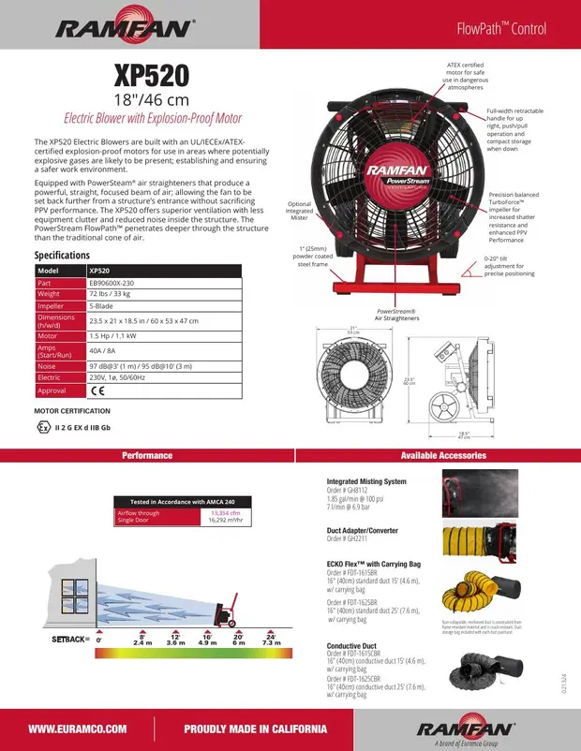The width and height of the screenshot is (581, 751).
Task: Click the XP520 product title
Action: point(151,75)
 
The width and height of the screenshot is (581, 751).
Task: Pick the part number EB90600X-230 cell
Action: point(118,282)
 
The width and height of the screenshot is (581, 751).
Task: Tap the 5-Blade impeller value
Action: point(104,306)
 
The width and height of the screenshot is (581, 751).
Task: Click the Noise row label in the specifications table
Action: point(48,366)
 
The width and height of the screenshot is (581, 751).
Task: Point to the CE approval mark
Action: point(97,390)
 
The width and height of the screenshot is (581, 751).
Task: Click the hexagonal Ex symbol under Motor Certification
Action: point(42,428)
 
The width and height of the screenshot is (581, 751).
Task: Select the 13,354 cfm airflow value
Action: point(225,513)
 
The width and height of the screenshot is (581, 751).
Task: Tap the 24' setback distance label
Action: point(271,637)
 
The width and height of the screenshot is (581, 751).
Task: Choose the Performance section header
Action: point(147,455)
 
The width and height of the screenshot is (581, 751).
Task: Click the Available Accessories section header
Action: point(443,455)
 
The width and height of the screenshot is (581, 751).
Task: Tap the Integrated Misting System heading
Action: point(366,481)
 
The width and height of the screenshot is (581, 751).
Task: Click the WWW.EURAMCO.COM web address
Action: point(78,728)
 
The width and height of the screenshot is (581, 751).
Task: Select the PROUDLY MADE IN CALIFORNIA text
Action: point(255,728)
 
